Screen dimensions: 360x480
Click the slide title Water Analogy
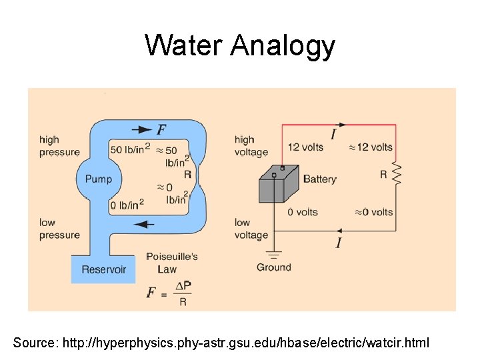[240, 45]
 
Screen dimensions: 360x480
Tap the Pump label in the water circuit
[99, 179]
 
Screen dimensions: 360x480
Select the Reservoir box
[103, 269]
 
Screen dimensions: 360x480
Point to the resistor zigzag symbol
[396, 174]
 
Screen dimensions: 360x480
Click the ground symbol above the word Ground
[274, 254]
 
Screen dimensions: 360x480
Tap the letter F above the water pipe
[162, 129]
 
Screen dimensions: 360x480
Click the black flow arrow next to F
[141, 129]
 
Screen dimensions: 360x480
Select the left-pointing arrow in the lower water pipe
[143, 224]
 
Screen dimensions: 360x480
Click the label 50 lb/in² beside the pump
[130, 148]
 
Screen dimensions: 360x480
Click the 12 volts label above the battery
[305, 147]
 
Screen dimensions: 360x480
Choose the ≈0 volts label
[373, 212]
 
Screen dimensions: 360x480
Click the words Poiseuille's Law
[171, 263]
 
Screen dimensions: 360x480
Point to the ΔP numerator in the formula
[183, 286]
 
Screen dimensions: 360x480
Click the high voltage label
[251, 145]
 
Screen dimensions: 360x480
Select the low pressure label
[59, 228]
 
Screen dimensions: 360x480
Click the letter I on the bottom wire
[339, 243]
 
